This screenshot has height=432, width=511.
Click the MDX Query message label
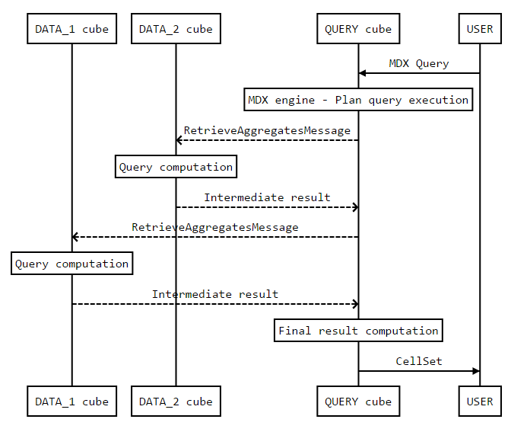[x=418, y=64]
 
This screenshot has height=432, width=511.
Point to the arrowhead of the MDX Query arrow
[x=363, y=73]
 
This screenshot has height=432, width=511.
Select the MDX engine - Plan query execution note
[x=358, y=100]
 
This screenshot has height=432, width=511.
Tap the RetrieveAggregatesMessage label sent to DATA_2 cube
[x=267, y=130]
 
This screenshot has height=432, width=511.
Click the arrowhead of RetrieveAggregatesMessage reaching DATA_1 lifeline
[x=76, y=237]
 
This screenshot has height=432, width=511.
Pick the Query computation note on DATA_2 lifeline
[x=176, y=167]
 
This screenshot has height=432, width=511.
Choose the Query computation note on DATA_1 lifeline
[x=72, y=264]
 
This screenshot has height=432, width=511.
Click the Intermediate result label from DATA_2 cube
[x=267, y=197]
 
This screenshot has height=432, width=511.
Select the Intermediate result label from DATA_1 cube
[x=215, y=294]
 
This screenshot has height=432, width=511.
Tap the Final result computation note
[x=358, y=331]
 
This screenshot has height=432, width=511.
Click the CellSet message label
[x=418, y=361]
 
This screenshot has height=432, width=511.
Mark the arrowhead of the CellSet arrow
[x=476, y=371]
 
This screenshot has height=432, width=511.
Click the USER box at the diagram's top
[x=480, y=30]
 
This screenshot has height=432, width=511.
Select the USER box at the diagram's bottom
[x=480, y=402]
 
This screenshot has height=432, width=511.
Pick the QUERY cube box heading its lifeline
[x=358, y=30]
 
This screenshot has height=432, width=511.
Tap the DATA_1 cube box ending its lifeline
[x=72, y=402]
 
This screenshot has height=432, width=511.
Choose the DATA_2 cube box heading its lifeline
[x=176, y=30]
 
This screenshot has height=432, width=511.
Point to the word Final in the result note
[x=294, y=331]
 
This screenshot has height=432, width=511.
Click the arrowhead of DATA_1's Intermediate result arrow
[x=354, y=304]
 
